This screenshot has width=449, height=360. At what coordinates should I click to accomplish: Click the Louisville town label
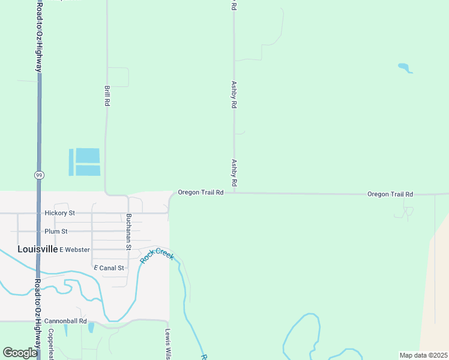point(38,249)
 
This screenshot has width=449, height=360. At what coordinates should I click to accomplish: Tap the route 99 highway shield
point(38,175)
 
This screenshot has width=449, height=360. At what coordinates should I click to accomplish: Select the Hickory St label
point(59,213)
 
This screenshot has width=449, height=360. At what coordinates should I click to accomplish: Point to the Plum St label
point(56,231)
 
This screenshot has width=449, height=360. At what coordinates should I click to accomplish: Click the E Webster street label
point(75,250)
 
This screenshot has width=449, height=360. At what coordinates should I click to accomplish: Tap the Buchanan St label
point(128,232)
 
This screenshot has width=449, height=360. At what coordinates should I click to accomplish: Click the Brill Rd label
point(107,95)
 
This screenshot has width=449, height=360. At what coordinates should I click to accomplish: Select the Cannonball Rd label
point(65,322)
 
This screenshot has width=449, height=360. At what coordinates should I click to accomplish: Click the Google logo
point(20,353)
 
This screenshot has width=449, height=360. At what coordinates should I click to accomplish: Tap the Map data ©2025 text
point(423,355)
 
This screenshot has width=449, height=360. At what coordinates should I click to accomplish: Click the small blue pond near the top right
point(405,68)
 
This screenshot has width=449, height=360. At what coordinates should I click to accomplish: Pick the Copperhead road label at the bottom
point(52,343)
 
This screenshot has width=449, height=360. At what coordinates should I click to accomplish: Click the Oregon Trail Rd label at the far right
point(390,194)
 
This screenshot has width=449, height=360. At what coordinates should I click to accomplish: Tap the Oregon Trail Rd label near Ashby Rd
point(200,193)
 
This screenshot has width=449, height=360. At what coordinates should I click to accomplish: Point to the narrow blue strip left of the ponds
point(71,162)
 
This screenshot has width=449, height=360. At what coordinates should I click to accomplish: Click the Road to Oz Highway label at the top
point(39,36)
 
